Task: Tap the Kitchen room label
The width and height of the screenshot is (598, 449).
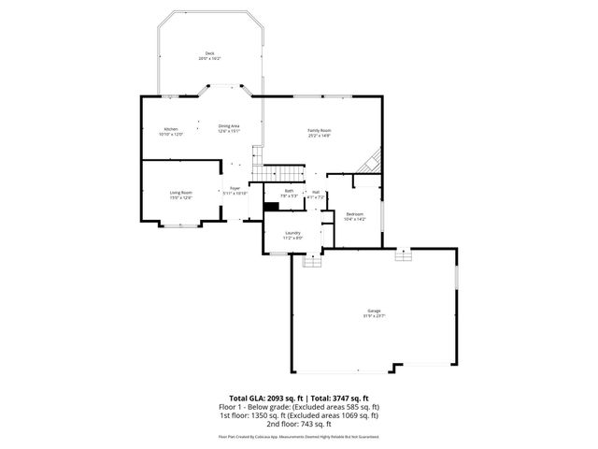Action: click(x=171, y=128)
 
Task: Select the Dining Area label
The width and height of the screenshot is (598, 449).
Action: click(x=229, y=125)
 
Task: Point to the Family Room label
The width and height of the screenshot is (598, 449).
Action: click(x=320, y=130)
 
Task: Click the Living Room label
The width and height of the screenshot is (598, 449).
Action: click(x=180, y=192)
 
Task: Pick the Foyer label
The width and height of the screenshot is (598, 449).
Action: click(x=235, y=188)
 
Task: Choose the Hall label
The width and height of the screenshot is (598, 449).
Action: click(x=317, y=191)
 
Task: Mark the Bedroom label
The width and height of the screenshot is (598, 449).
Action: click(x=355, y=213)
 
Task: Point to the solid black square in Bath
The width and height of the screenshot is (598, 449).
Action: click(x=272, y=207)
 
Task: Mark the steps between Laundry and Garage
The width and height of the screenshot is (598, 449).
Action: click(x=312, y=261)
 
